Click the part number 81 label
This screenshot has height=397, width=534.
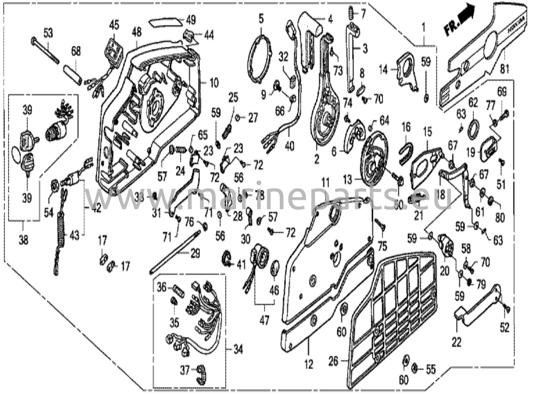tap(505, 69)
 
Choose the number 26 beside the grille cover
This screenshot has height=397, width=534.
tap(333, 361)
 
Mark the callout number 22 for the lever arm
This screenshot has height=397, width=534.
tap(457, 342)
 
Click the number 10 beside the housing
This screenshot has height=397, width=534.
tap(214, 83)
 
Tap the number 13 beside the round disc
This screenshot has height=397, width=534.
tap(348, 180)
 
